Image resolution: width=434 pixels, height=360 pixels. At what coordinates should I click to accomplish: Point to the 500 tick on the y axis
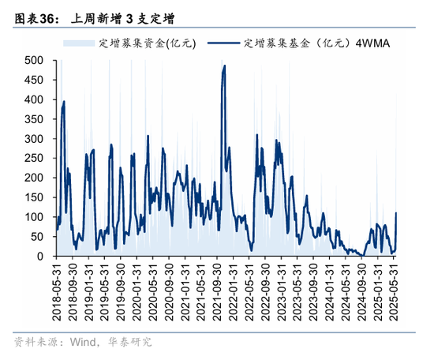pyautogui.click(x=35, y=60)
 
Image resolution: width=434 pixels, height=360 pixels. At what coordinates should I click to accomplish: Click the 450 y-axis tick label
pyautogui.click(x=35, y=80)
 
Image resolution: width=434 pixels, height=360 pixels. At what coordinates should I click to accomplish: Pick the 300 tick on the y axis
pyautogui.click(x=35, y=138)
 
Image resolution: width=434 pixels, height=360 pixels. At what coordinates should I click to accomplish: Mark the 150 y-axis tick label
pyautogui.click(x=35, y=197)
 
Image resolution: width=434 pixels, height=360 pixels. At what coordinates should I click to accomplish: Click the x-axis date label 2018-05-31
pyautogui.click(x=56, y=293)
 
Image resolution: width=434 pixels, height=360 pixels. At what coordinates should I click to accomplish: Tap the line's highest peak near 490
pyautogui.click(x=225, y=66)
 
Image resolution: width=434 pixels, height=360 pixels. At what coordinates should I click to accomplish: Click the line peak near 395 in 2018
pyautogui.click(x=63, y=101)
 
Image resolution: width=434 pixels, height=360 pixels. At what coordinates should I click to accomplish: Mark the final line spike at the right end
pyautogui.click(x=396, y=212)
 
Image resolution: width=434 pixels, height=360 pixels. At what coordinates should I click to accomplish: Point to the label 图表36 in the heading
pyautogui.click(x=29, y=15)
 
